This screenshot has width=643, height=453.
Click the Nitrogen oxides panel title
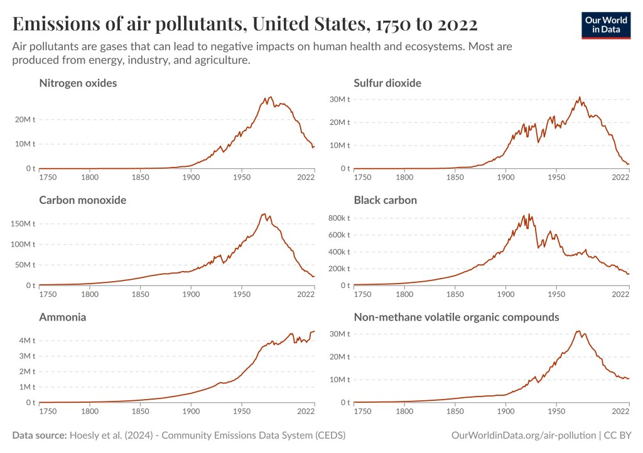click(x=78, y=83)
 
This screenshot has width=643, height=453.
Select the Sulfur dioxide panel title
click(x=387, y=83)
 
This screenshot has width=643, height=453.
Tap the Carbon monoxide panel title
click(x=83, y=200)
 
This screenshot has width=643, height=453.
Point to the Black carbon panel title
click(x=386, y=200)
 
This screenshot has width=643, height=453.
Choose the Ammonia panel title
click(x=63, y=317)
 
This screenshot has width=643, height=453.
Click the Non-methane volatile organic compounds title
click(x=457, y=317)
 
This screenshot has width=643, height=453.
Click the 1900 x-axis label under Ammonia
click(x=191, y=412)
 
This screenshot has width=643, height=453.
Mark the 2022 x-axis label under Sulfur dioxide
click(x=620, y=178)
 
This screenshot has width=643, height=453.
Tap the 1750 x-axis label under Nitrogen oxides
click(x=47, y=178)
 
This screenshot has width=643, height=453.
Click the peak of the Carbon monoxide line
click(x=264, y=214)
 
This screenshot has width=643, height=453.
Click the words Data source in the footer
click(x=39, y=435)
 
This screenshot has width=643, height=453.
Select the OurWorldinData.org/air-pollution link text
click(x=523, y=435)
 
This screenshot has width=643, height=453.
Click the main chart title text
click(x=245, y=24)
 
